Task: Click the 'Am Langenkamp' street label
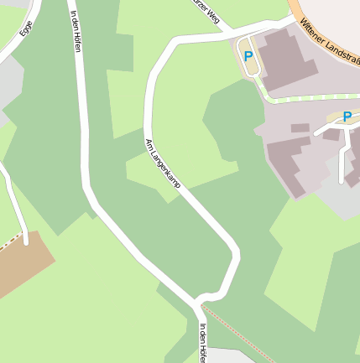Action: coord(163,169)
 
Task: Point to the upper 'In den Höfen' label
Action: coord(76,32)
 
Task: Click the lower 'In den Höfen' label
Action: coord(202,343)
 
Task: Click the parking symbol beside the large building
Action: coord(248,56)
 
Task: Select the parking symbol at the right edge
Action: coord(347,117)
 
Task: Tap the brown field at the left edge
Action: coord(18,263)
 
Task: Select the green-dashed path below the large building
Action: coord(302,99)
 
